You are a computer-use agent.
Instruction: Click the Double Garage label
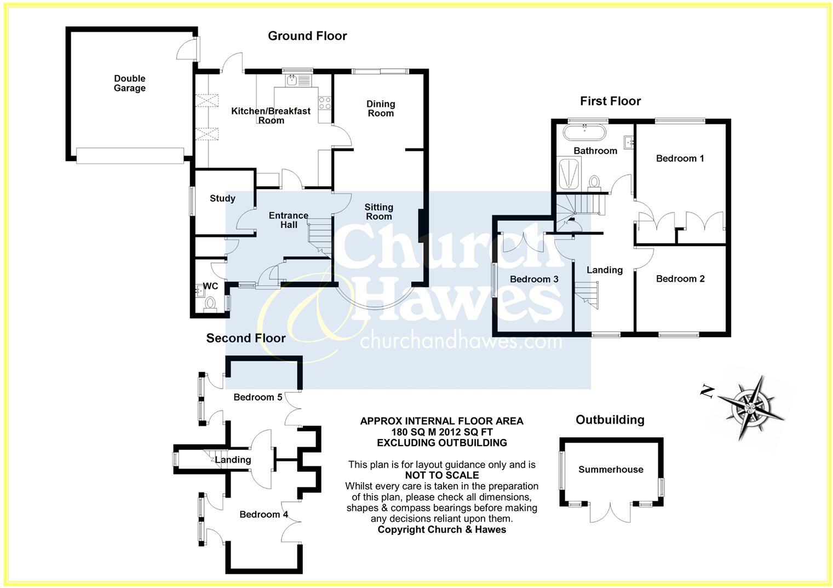[x=130, y=83]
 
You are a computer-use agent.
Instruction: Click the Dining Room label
[x=381, y=109]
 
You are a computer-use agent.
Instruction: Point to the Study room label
[x=222, y=198]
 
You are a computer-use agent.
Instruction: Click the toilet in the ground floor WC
[x=209, y=304]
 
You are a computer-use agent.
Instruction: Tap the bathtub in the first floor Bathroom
[x=584, y=133]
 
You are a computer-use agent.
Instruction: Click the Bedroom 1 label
[x=680, y=158]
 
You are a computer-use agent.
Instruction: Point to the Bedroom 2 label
[x=680, y=279]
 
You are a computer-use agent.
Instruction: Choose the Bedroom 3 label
[x=534, y=279]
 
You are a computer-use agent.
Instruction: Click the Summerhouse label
[x=611, y=470]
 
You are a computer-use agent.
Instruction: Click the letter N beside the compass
[x=707, y=391]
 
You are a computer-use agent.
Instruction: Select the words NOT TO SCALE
[x=441, y=476]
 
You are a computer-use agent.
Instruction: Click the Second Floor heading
[x=245, y=338]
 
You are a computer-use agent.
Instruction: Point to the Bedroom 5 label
[x=257, y=397]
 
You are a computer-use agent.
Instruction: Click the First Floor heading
[x=610, y=101]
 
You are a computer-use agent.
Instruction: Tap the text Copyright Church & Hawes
[x=441, y=529]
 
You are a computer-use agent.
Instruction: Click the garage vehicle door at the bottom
[x=130, y=156]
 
